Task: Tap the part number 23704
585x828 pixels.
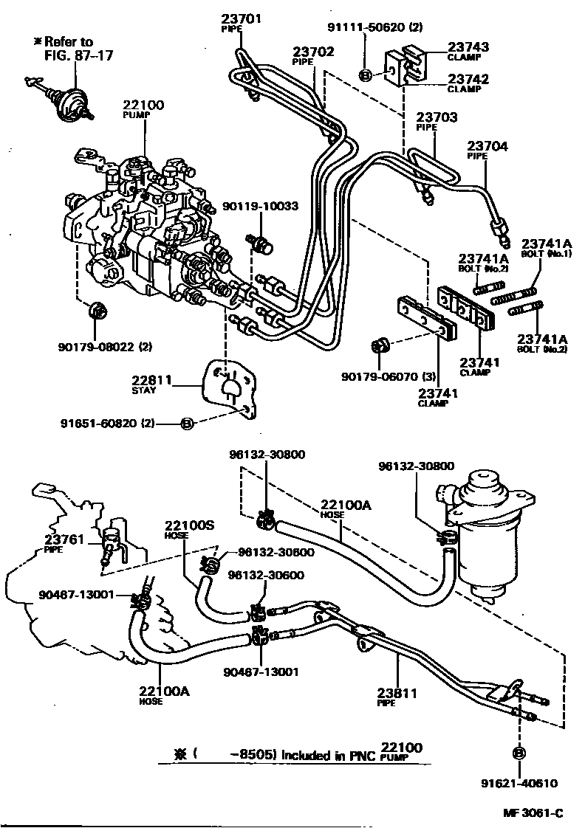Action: pyautogui.click(x=487, y=147)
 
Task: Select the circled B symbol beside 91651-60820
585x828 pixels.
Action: pyautogui.click(x=187, y=423)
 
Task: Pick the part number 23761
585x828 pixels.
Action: pyautogui.click(x=63, y=538)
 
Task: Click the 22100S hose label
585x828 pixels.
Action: pyautogui.click(x=189, y=525)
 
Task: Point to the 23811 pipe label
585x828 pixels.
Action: pyautogui.click(x=397, y=693)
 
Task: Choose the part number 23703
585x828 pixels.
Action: pyautogui.click(x=436, y=117)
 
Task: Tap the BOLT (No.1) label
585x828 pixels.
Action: pyautogui.click(x=547, y=253)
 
